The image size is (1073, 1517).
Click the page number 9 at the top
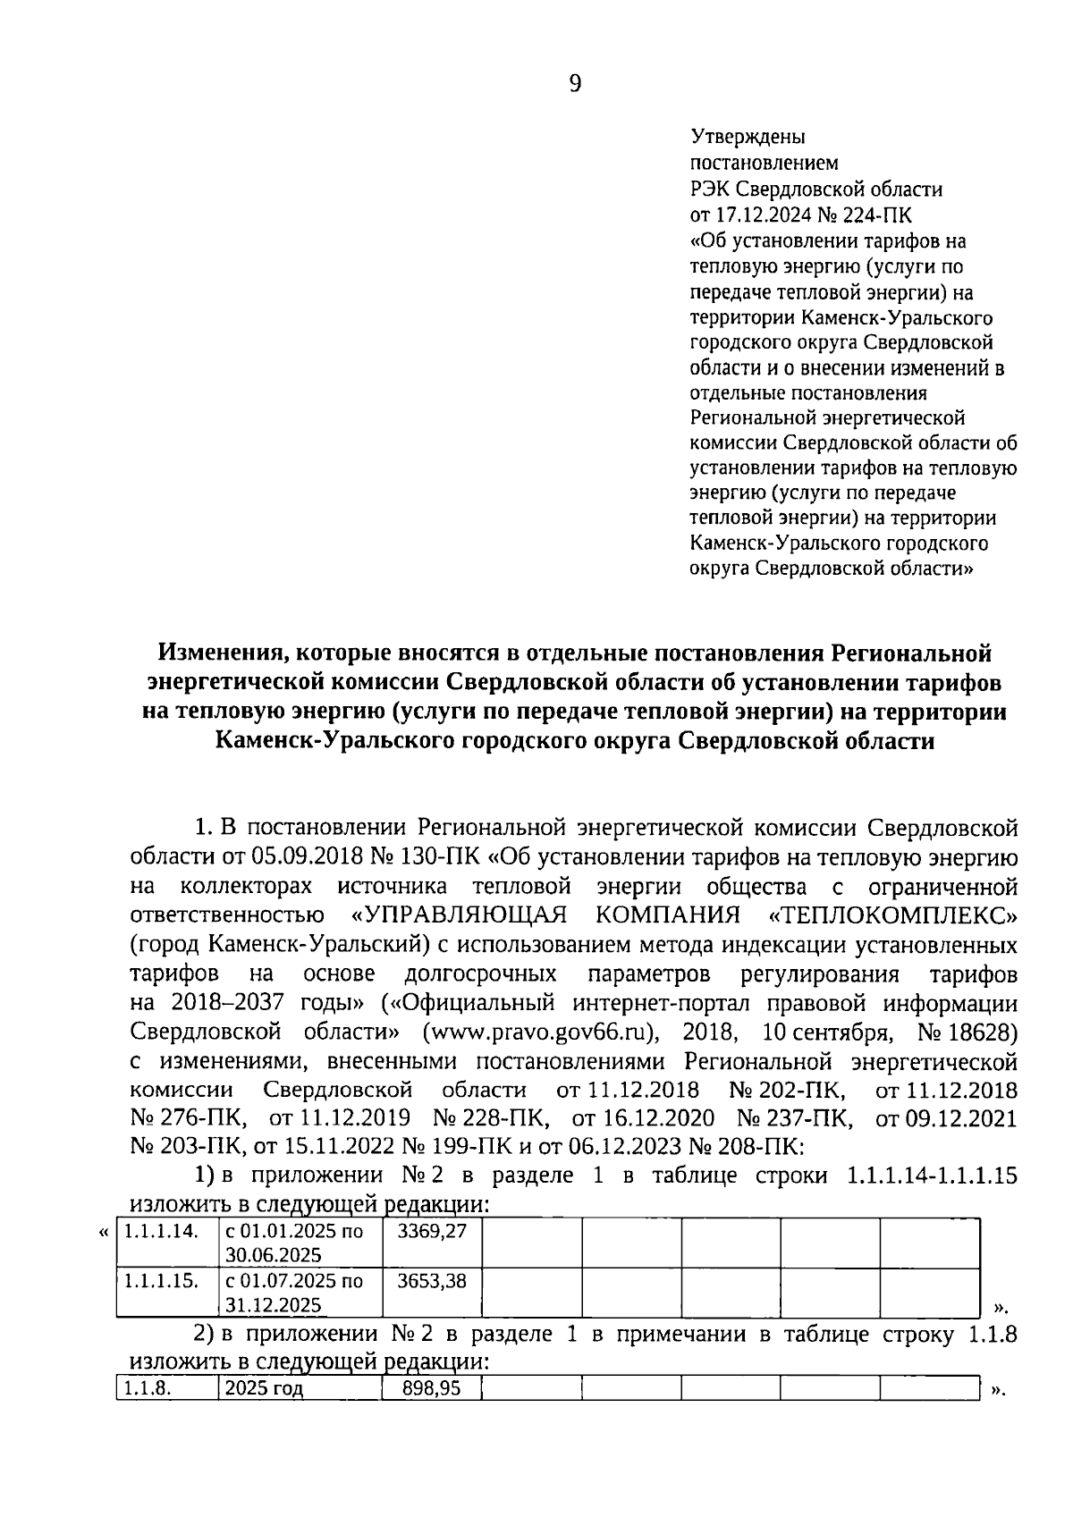click(x=574, y=83)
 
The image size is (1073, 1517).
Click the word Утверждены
click(x=748, y=138)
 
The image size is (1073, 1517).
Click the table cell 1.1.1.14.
click(x=161, y=1232)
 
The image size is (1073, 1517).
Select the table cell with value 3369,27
click(x=432, y=1232)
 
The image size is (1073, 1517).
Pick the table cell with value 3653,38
click(x=432, y=1281)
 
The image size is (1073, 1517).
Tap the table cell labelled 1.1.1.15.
click(x=161, y=1281)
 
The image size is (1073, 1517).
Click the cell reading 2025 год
click(x=265, y=1388)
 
